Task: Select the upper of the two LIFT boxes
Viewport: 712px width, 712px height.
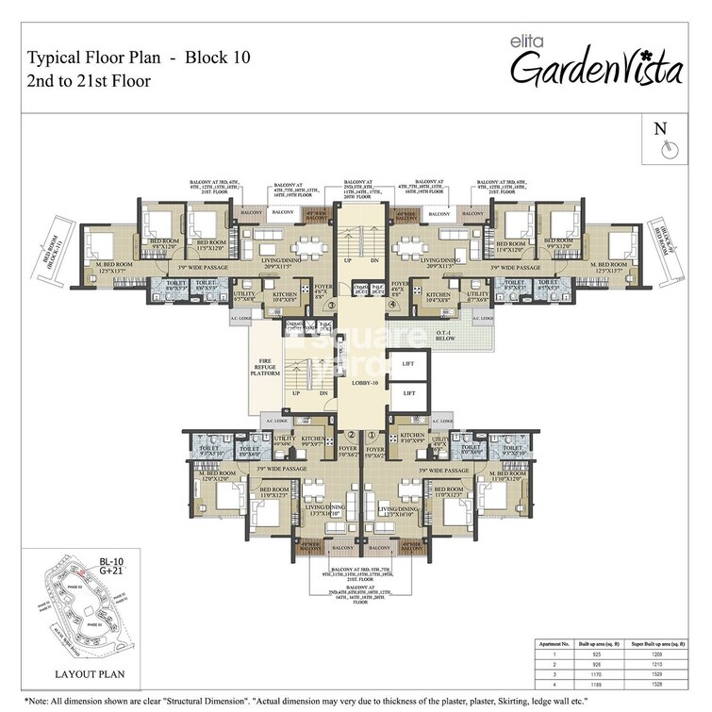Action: [x=409, y=363]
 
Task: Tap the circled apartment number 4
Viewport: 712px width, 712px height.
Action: [x=391, y=305]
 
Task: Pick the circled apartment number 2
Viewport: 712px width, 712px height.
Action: [x=350, y=436]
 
